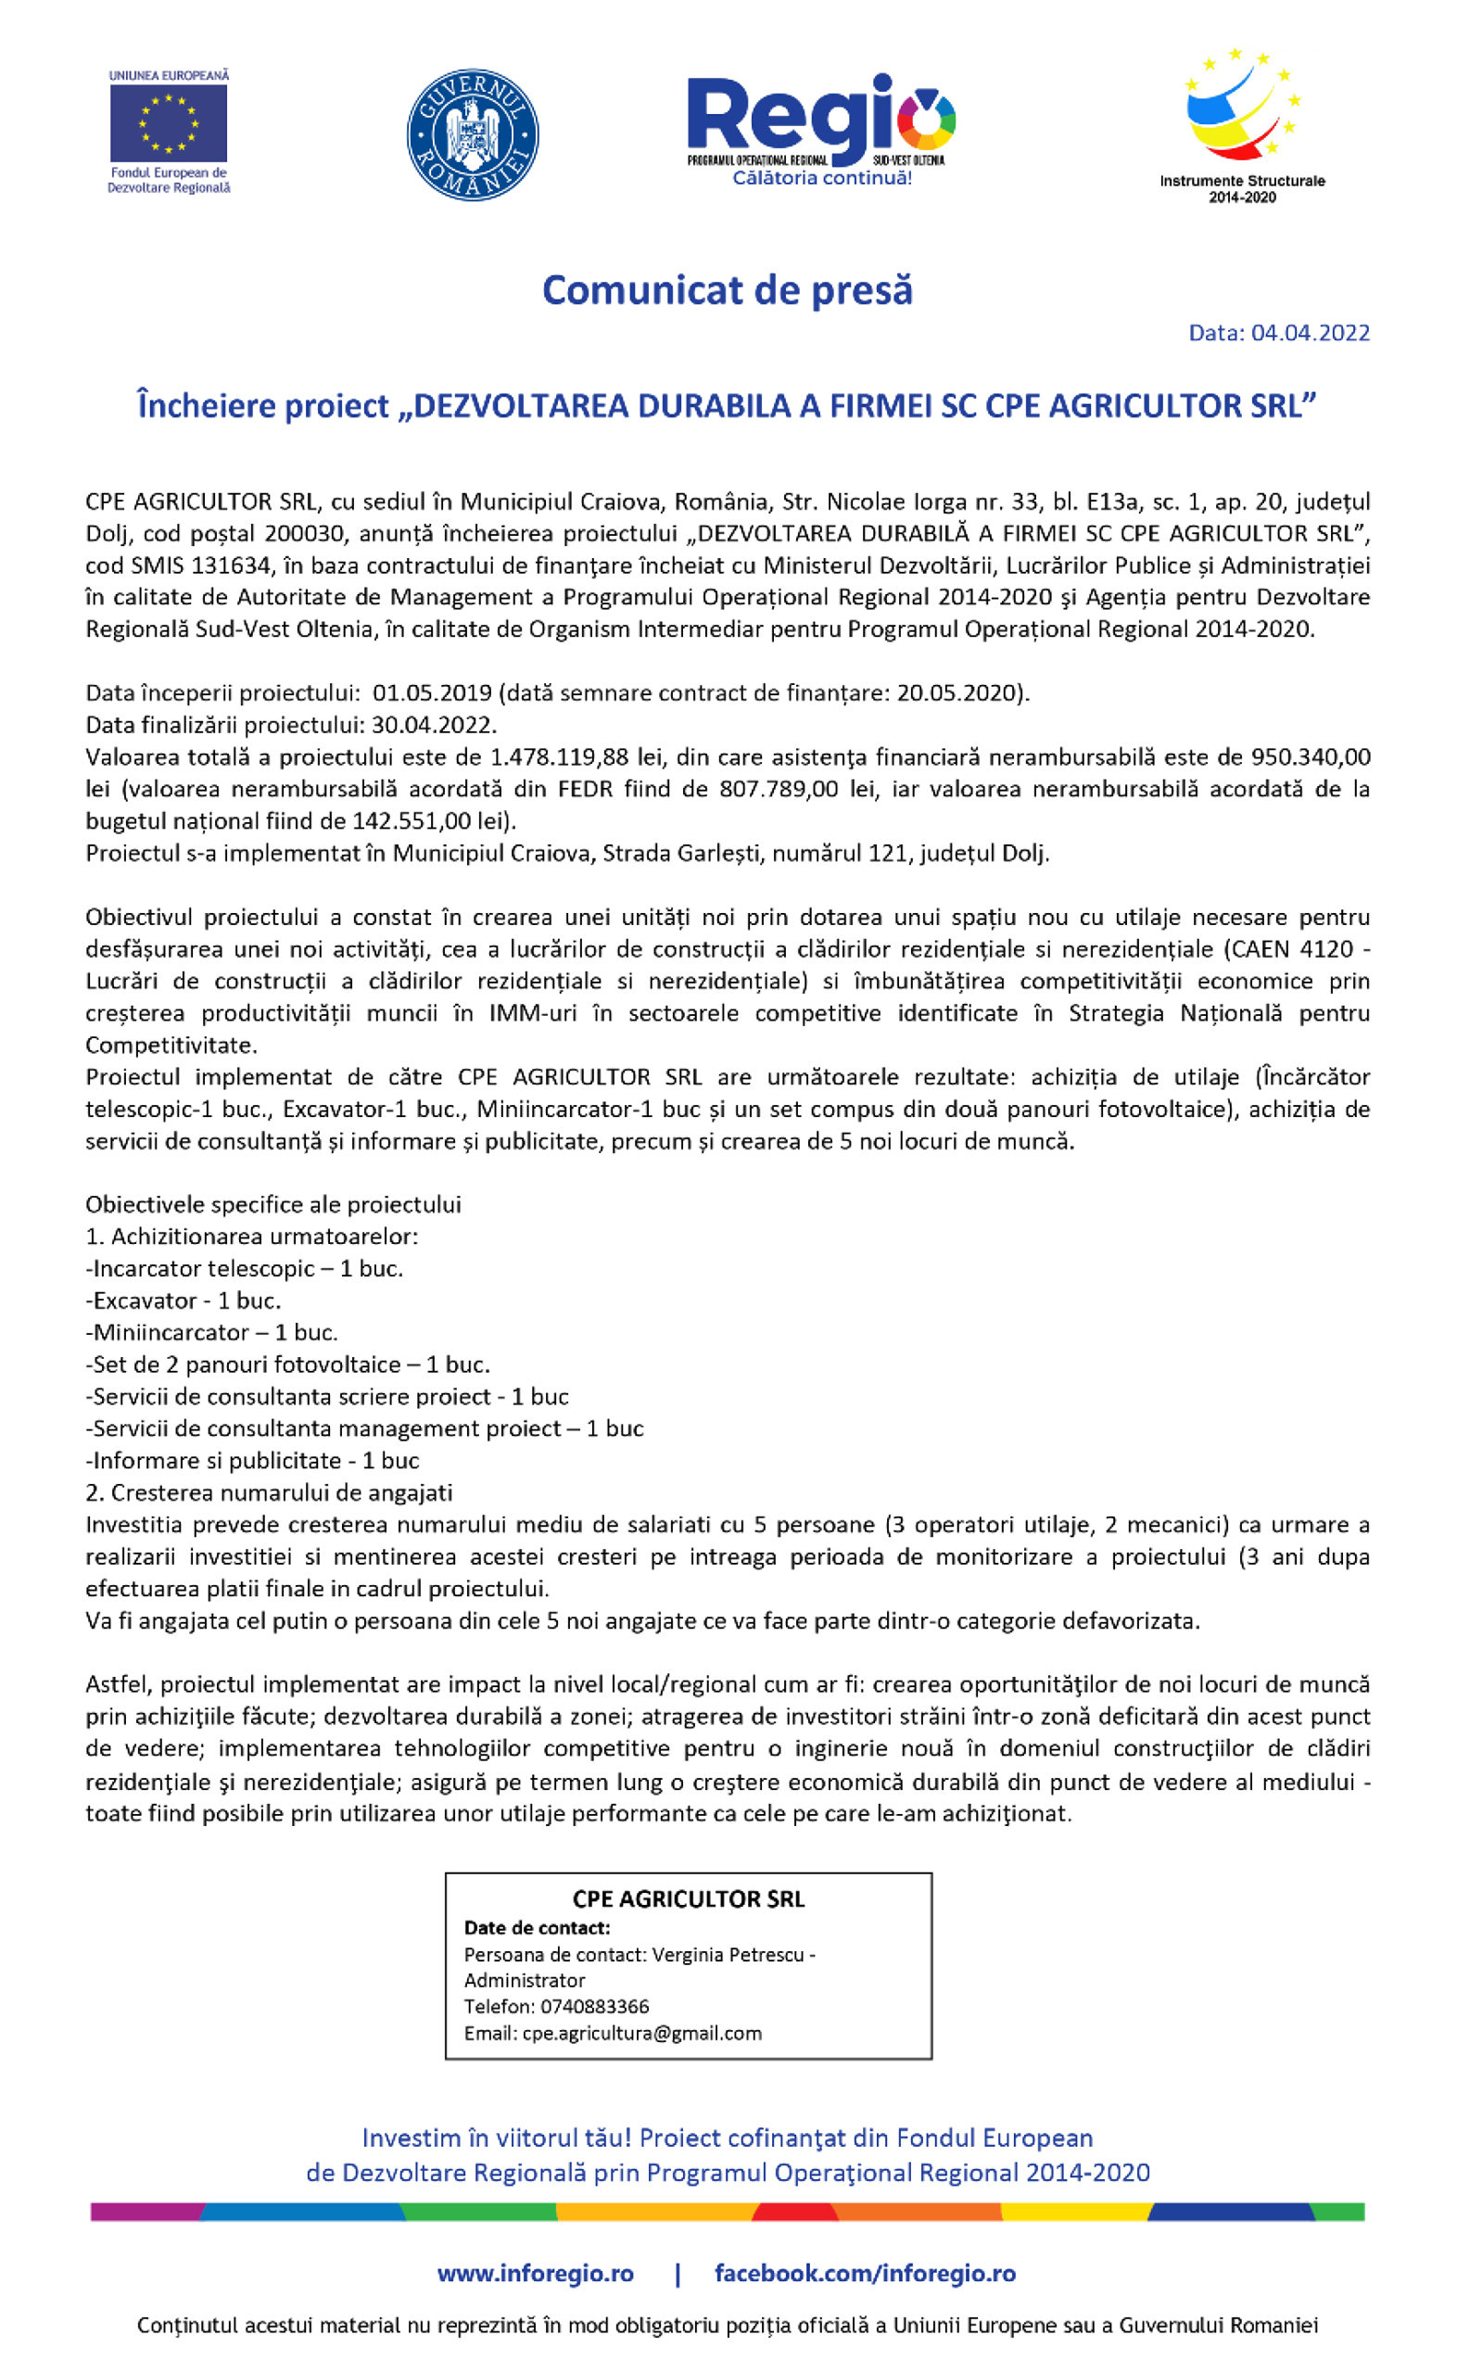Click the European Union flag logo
[169, 123]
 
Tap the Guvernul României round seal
[472, 135]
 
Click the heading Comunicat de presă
[728, 290]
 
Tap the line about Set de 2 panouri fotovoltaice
[287, 1364]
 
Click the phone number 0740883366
[593, 2006]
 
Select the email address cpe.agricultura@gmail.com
[641, 2033]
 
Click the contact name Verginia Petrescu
[728, 1955]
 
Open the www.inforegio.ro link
[535, 2275]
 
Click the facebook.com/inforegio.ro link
[865, 2275]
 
